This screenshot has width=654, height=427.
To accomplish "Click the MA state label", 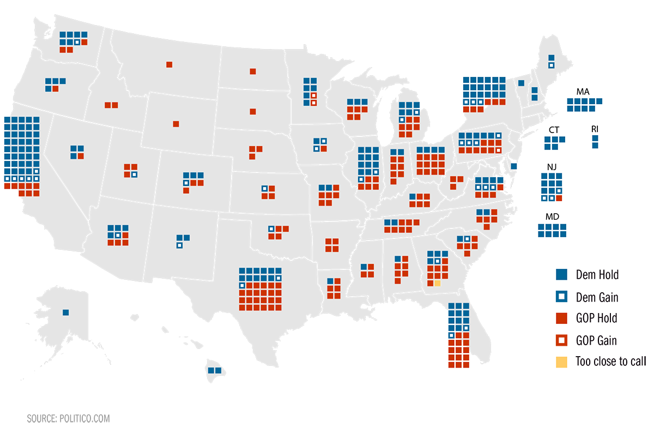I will coord(583,92).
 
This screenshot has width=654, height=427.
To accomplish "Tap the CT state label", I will coord(554,130).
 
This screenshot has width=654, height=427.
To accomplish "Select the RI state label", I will coord(595,129).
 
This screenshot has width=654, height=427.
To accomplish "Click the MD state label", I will coord(552,216).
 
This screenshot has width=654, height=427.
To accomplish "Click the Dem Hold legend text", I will coord(597,275).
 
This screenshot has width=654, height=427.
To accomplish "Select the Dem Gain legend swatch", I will coord(561,297).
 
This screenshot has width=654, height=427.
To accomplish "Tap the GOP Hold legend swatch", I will coord(561,318).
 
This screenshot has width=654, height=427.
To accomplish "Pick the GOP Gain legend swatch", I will coord(561,340).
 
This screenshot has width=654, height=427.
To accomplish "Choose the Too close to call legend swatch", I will coord(561,362).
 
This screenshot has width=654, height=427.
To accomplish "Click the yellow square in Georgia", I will coord(437,283).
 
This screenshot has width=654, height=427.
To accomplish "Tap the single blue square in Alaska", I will coord(66,312).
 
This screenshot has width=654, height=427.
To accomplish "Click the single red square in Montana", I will coord(169,64).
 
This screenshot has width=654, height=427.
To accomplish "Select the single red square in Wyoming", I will coord(176,124).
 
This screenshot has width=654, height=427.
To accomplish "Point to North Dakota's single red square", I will coord(253,71).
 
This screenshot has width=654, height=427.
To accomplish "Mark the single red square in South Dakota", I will coord(253,112).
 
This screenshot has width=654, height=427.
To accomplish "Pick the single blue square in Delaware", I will coord(514,166).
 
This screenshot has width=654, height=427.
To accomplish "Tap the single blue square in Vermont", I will coord(522,83).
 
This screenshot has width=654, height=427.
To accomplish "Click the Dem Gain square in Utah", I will coord(134,175).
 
